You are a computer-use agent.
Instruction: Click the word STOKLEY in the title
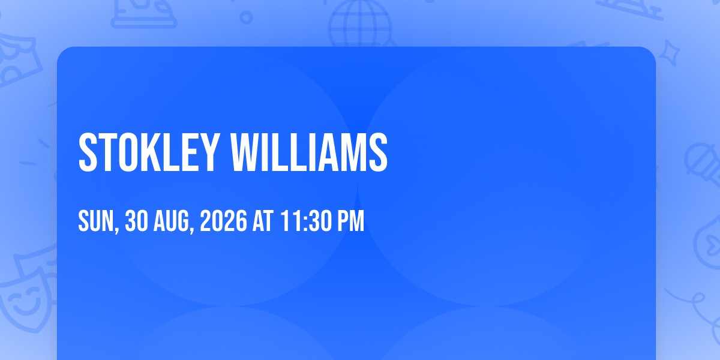tap(149, 152)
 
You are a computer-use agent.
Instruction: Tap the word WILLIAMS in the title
tap(309, 152)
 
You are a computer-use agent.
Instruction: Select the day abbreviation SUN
tap(96, 221)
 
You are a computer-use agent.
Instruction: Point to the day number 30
tap(136, 221)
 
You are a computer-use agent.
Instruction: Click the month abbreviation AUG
tap(171, 221)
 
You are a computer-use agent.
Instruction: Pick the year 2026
tap(223, 221)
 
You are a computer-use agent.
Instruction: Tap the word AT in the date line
tap(263, 221)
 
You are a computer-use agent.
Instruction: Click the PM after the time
tap(350, 221)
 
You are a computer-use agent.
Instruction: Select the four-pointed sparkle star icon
tap(670, 53)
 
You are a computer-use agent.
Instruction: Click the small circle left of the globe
tap(246, 17)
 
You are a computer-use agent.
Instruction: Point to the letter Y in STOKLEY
tap(209, 152)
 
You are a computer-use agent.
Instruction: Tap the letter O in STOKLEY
tap(128, 152)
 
